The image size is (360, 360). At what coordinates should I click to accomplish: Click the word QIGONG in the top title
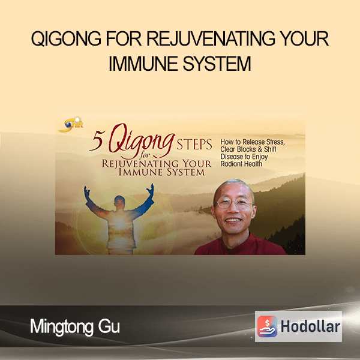coord(66,38)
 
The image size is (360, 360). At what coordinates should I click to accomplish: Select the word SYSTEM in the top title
coord(217,64)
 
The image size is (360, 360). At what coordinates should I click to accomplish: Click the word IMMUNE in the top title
coord(143,64)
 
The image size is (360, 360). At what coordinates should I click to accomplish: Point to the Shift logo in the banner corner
coord(71,125)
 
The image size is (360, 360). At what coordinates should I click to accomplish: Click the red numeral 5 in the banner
coord(98,141)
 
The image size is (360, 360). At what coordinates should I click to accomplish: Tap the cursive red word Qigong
coord(140,140)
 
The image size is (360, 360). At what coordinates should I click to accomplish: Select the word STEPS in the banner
coord(194,145)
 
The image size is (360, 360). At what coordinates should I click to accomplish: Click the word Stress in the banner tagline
coord(275,142)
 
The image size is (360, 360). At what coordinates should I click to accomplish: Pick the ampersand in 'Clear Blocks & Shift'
coord(260,149)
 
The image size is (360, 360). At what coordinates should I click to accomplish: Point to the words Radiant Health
coord(241,164)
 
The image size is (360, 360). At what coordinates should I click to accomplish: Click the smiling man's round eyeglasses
coord(234,203)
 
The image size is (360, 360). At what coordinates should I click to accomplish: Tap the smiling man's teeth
coord(233,220)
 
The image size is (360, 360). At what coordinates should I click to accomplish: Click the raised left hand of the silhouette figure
coord(87,191)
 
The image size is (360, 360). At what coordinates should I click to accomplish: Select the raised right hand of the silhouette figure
coord(151,190)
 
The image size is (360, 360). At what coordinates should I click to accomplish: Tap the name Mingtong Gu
coord(75,326)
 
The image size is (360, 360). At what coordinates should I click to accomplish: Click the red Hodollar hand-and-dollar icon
coord(267,326)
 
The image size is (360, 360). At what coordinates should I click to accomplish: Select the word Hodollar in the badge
coord(310,326)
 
